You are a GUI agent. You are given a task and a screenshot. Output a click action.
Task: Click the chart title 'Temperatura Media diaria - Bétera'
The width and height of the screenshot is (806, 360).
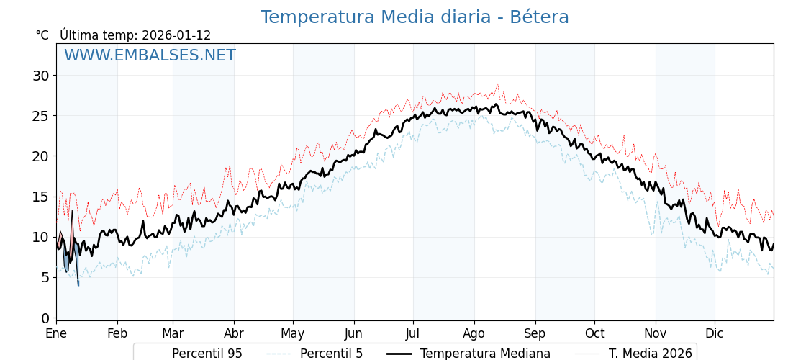415,17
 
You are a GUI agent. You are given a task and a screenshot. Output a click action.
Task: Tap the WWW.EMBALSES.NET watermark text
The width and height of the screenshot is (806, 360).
150,55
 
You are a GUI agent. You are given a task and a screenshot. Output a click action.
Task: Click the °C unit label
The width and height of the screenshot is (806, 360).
42,35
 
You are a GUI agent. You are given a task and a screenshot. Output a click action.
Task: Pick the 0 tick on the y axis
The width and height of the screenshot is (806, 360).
45,318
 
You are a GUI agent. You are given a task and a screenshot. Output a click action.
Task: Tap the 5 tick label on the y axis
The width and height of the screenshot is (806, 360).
45,277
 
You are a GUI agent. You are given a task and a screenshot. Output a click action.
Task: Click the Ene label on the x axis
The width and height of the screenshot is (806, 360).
56,334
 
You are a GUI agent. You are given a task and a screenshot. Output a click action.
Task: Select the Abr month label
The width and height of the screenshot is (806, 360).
234,334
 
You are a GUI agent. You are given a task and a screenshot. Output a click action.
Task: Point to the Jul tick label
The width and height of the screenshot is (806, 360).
413,334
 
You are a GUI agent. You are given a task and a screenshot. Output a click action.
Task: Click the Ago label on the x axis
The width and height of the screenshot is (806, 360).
474,334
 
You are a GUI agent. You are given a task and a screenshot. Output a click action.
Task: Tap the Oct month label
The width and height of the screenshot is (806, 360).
594,334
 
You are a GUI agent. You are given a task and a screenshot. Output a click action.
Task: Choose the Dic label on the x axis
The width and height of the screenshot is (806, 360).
715,334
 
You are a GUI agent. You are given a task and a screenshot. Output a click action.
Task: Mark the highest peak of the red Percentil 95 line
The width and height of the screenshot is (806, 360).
497,84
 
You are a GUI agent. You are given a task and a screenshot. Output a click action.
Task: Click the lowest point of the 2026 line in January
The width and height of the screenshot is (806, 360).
78,285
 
